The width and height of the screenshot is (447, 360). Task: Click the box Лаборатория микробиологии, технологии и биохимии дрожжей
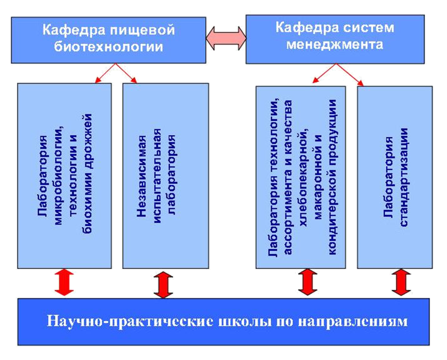coord(65,177)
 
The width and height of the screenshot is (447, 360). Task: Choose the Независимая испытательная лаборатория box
coord(165,177)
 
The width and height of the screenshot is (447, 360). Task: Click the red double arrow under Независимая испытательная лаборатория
coord(163,284)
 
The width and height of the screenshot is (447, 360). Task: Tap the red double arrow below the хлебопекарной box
coord(309,283)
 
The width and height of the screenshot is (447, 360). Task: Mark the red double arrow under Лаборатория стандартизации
coord(400,283)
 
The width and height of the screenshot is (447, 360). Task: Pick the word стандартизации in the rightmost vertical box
coord(404,177)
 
